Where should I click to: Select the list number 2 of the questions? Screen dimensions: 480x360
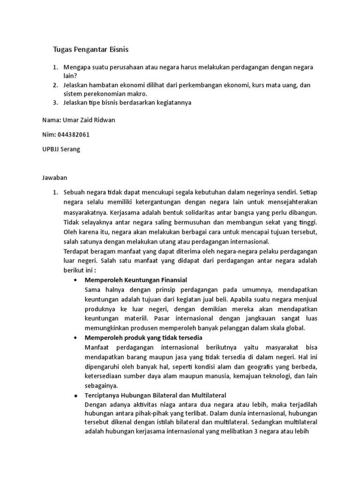coord(55,85)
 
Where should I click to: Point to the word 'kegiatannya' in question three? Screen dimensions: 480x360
coord(174,102)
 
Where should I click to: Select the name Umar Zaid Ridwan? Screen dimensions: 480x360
coord(78,120)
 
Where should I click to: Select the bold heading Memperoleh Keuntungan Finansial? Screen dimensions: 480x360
coord(135,280)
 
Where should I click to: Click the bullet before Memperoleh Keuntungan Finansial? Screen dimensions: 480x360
coord(76,280)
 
